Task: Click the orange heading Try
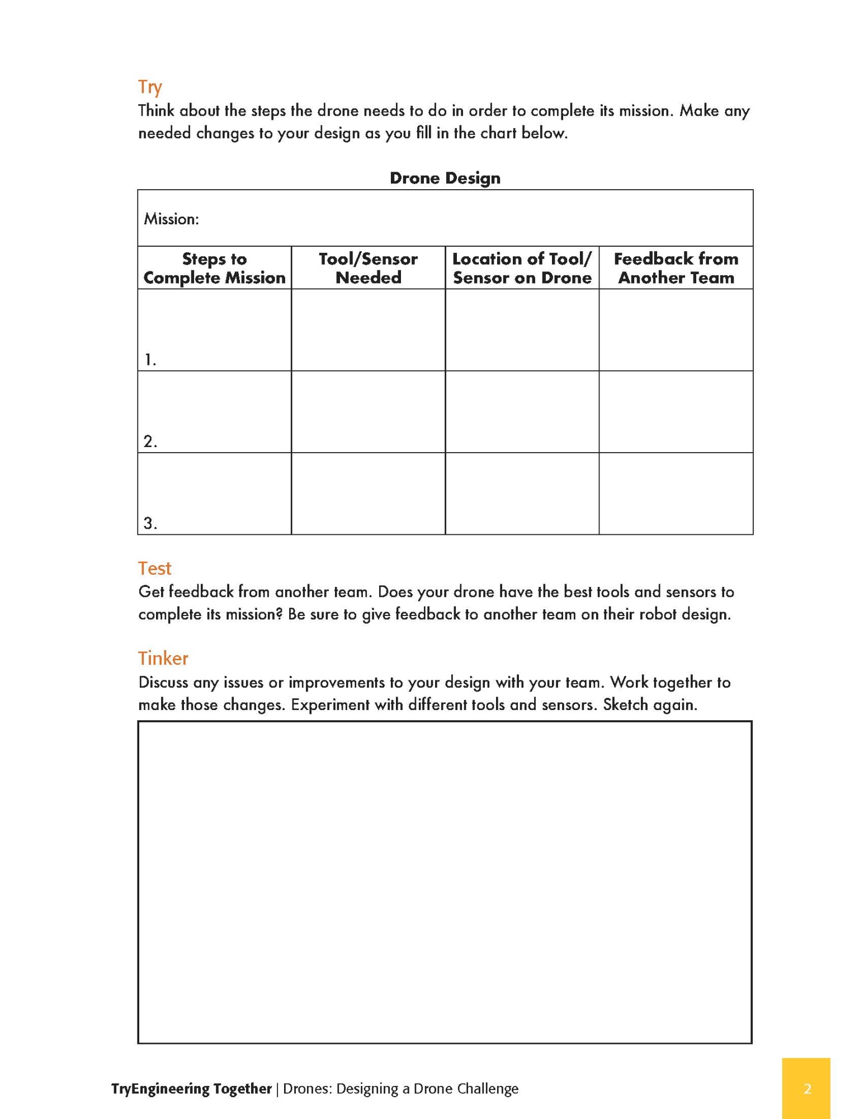tap(150, 87)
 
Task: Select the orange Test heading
tap(154, 568)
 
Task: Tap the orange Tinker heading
tap(163, 658)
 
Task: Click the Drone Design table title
tap(445, 178)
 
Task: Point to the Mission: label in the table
tap(171, 219)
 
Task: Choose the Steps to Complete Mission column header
tap(214, 268)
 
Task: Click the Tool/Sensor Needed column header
tap(368, 268)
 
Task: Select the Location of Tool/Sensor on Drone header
tap(522, 268)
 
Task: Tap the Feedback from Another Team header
tap(676, 268)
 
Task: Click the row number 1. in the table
tap(150, 360)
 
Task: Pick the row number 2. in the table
tap(150, 441)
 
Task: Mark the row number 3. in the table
tap(150, 523)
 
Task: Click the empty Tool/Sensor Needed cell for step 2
tap(368, 412)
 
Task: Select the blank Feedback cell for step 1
tap(676, 330)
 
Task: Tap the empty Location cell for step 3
tap(522, 493)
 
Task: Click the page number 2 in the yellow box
tap(806, 1089)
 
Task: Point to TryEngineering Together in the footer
tap(191, 1089)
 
